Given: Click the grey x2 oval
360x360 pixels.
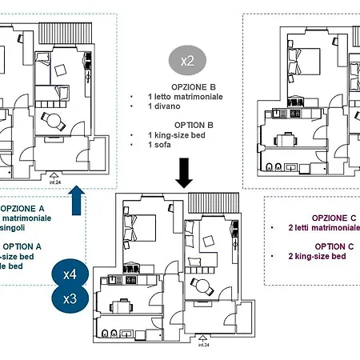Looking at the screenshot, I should (x=186, y=60).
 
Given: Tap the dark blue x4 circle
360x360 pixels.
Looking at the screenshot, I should (x=70, y=274).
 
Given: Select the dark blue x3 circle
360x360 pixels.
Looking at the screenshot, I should (x=70, y=300).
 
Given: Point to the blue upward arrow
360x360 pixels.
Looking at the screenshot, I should (x=77, y=199).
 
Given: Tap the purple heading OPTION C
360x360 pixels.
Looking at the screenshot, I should (x=335, y=246).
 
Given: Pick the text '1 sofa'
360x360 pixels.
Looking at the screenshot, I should (x=162, y=145).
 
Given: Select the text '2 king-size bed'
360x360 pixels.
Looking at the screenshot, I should (x=318, y=256).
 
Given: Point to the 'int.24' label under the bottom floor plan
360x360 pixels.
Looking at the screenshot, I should (x=204, y=346).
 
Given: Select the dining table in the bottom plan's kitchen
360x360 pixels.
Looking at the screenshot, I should (x=121, y=306).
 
